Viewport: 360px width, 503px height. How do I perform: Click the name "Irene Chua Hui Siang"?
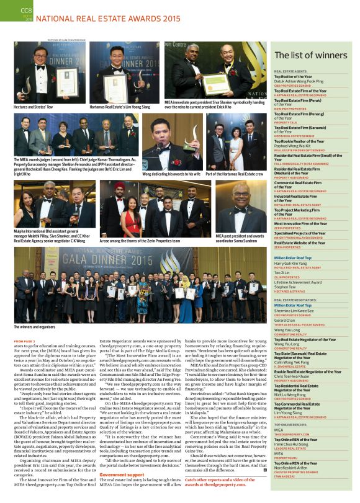click(295, 445)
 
